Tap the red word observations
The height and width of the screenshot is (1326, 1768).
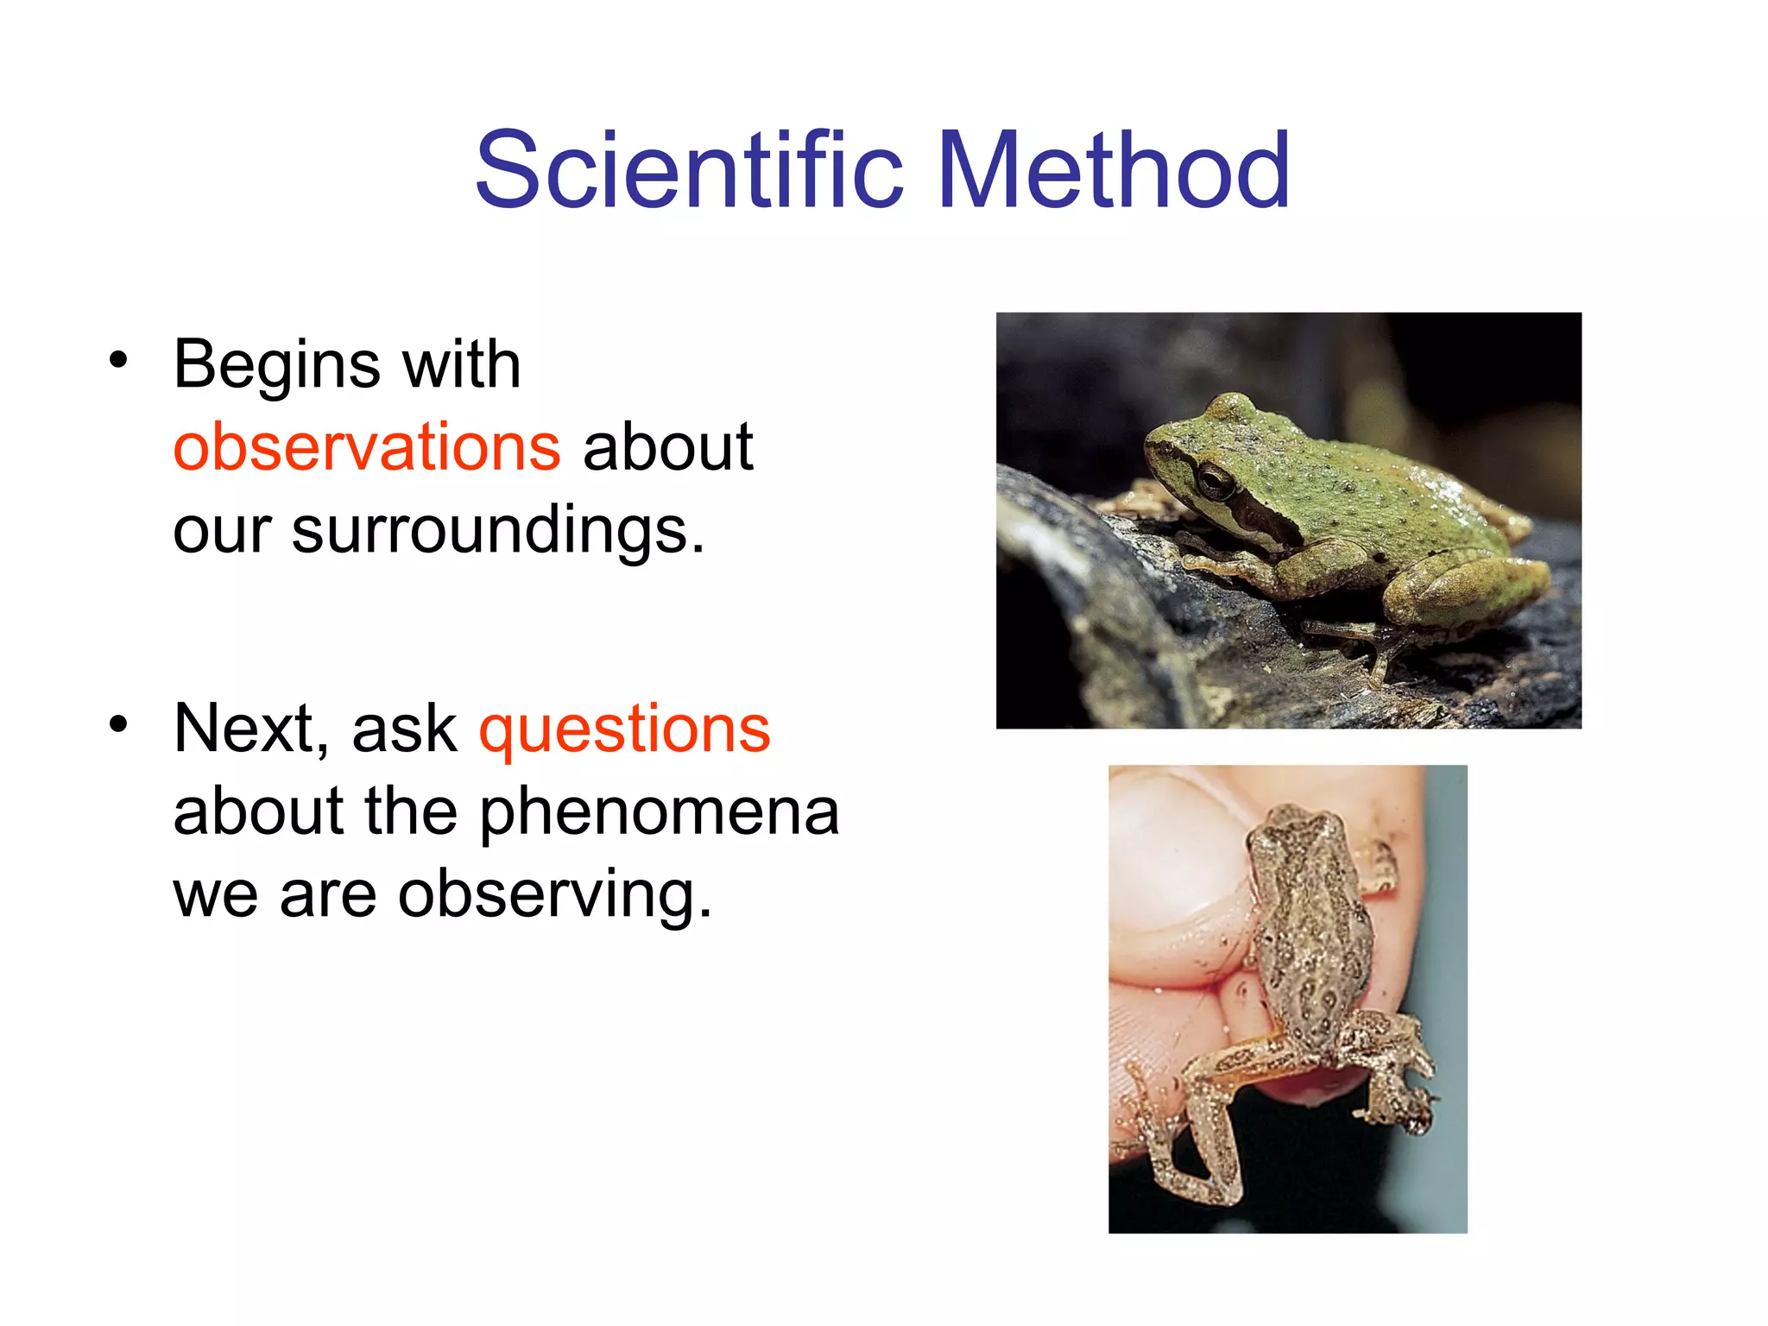pos(367,447)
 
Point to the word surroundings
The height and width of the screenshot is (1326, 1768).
pos(498,529)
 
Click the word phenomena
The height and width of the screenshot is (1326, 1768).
pos(659,811)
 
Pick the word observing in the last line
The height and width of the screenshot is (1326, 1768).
pos(555,894)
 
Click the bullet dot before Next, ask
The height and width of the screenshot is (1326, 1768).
pos(118,723)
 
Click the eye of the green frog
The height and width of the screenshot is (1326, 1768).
pos(1215,479)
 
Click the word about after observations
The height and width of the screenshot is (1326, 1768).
pos(667,447)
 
